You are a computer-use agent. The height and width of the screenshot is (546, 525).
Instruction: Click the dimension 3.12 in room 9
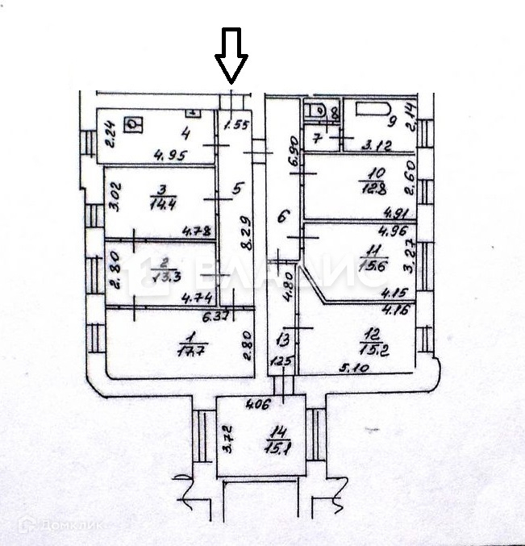(x=378, y=147)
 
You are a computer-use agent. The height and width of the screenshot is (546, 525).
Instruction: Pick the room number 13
(x=281, y=339)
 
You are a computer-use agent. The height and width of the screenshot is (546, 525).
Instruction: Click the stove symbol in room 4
(x=133, y=124)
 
